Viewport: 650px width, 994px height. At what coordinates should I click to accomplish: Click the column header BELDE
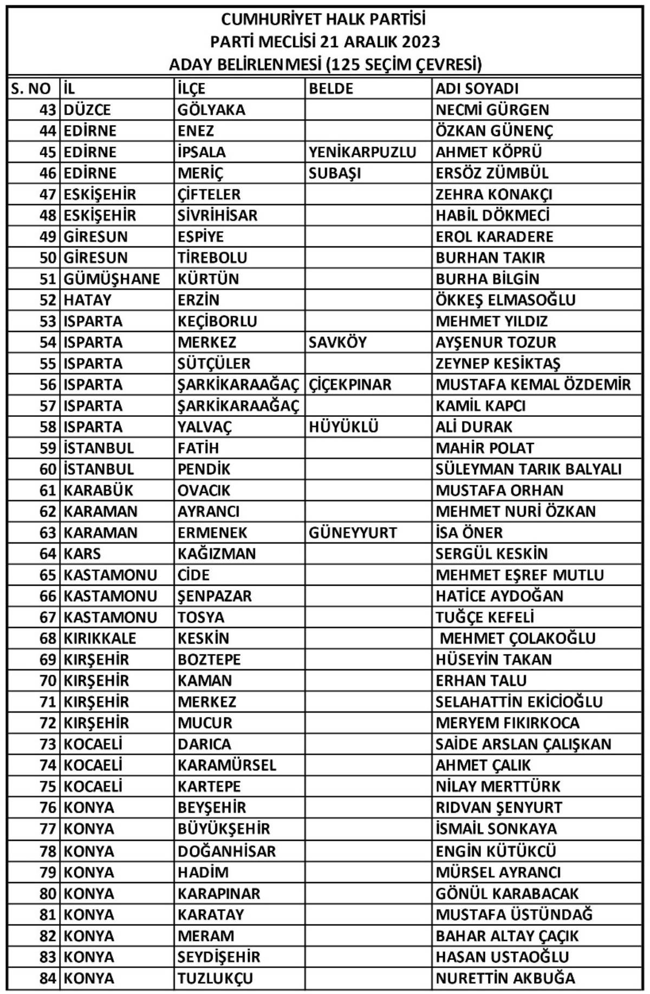[330, 88]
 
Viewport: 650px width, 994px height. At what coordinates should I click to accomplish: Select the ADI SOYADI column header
[477, 88]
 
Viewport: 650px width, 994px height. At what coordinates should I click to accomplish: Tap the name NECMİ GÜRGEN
[492, 109]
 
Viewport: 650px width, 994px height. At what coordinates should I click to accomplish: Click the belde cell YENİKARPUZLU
[362, 152]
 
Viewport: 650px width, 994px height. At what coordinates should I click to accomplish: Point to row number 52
[48, 300]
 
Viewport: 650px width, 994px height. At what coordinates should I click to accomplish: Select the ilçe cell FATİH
[198, 448]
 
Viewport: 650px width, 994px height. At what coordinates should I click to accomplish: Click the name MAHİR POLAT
[484, 448]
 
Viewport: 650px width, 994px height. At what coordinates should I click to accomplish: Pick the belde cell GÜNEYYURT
[353, 533]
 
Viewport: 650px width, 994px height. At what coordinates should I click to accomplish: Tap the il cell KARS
[82, 554]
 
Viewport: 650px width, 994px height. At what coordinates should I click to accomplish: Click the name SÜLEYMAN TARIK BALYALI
[528, 469]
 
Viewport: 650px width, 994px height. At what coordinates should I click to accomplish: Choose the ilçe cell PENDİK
[204, 469]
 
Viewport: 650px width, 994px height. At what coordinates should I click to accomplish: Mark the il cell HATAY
[87, 300]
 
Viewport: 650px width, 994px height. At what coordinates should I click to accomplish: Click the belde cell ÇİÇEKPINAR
[349, 385]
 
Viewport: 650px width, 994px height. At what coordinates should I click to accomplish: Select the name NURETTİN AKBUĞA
[505, 978]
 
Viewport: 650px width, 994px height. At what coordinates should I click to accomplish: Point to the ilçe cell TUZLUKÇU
[215, 978]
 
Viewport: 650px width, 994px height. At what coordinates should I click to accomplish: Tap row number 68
[48, 638]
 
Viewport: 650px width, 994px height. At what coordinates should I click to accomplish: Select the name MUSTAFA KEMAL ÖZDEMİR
[533, 385]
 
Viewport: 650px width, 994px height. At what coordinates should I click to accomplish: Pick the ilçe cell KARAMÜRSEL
[226, 765]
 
